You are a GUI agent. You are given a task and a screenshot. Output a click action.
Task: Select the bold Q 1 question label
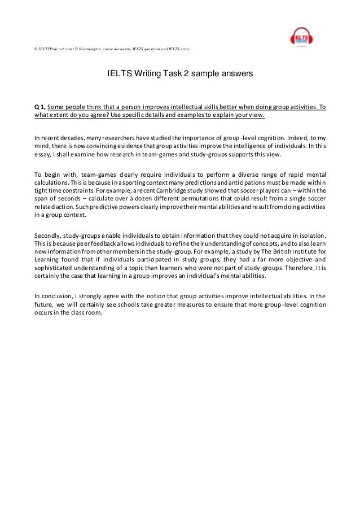pyautogui.click(x=39, y=107)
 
